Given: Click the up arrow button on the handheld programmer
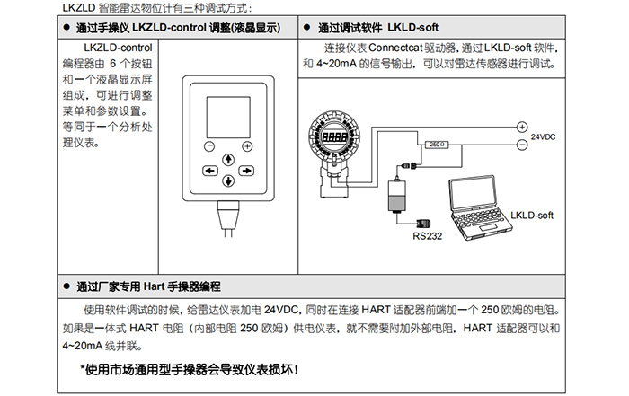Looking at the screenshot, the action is tap(228, 160).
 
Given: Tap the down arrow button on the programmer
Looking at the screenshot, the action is tap(228, 181).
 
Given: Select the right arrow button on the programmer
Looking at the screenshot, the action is tap(246, 171).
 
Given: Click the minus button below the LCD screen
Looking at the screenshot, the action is tap(209, 146).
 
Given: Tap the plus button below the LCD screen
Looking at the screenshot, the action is tap(247, 146).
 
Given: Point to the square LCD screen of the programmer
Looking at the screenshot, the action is tap(228, 117).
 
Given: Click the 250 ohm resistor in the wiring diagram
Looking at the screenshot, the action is tap(437, 145).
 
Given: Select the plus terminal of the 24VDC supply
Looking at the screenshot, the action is tap(522, 127).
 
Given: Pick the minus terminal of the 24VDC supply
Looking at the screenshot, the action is tap(522, 145).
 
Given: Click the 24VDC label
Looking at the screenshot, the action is tap(543, 136).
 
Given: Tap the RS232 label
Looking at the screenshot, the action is tap(427, 236).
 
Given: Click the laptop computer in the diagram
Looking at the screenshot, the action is tap(479, 207).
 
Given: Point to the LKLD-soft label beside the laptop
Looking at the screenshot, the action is tap(532, 216).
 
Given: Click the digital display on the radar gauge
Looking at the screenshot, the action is tap(334, 136).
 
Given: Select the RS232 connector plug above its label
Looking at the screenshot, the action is tap(423, 224).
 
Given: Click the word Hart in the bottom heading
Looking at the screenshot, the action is tap(154, 286).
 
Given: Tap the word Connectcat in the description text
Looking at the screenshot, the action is tap(395, 48).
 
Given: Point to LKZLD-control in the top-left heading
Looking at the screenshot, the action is tap(169, 28).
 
